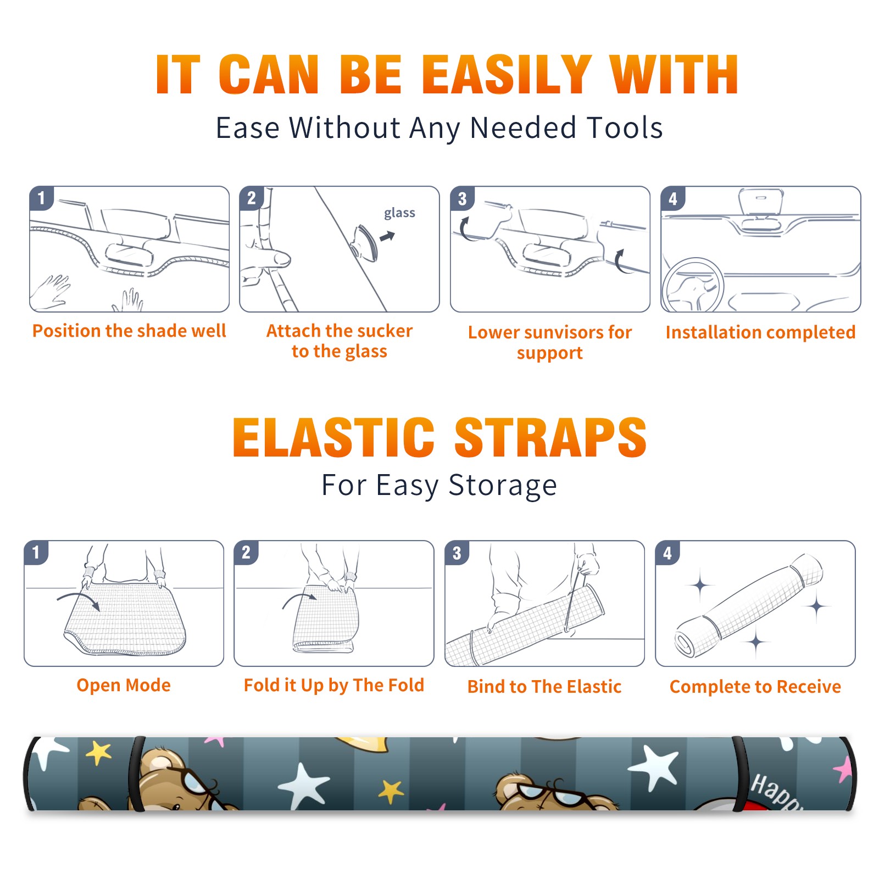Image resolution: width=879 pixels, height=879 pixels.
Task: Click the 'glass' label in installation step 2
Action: (399, 213)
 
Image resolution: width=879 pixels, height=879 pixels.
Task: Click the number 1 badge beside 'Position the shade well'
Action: (41, 197)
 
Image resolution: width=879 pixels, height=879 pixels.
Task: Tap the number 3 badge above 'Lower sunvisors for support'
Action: (462, 198)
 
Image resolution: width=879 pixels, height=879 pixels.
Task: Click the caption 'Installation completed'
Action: (760, 332)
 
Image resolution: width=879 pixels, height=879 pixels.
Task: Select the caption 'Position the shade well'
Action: (129, 331)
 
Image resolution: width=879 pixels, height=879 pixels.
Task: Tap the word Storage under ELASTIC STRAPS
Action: (503, 486)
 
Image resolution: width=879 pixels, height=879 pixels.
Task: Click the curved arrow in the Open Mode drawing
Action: (79, 600)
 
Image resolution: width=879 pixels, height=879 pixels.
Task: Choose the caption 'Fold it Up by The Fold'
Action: (334, 685)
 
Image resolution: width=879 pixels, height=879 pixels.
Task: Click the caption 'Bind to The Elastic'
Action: (544, 687)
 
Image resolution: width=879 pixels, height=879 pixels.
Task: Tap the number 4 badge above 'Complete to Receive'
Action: (667, 553)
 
